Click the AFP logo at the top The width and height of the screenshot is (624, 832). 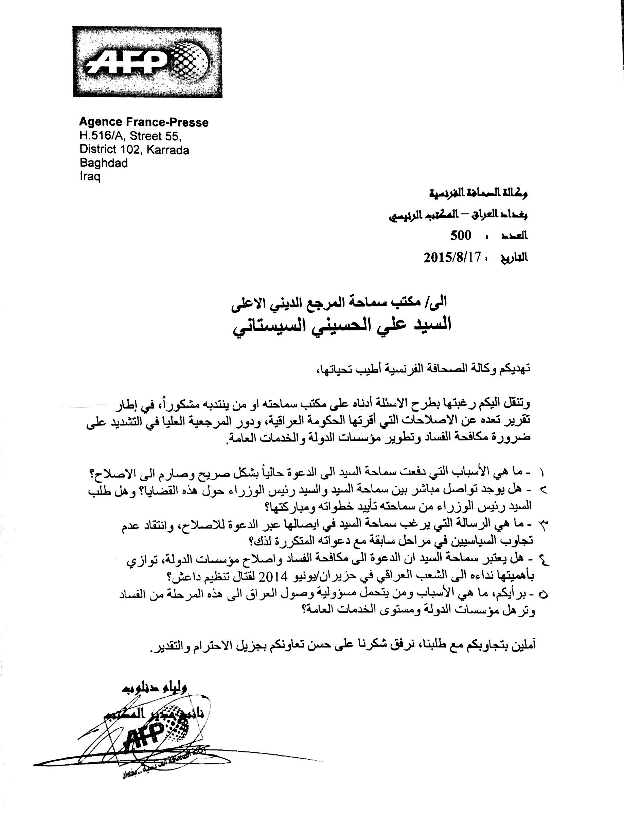(147, 62)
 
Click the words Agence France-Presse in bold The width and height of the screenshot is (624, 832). (144, 122)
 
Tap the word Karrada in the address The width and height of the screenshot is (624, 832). (168, 150)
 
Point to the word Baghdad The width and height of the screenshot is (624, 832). (103, 163)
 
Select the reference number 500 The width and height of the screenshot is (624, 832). (461, 236)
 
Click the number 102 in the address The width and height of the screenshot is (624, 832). (131, 150)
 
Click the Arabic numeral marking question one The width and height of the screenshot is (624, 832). (542, 472)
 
